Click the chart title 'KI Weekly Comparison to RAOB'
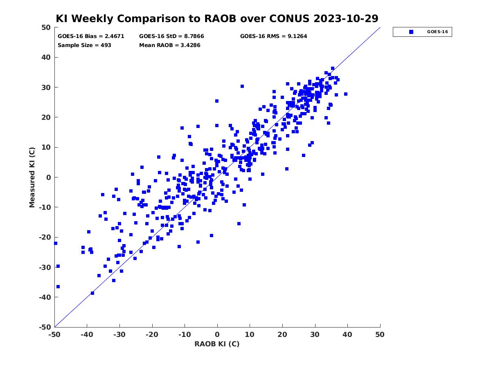(146, 18)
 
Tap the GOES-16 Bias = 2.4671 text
(91, 36)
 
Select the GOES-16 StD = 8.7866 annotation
(171, 36)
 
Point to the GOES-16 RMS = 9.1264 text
(274, 36)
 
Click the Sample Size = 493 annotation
(84, 45)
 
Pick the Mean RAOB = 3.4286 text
(169, 45)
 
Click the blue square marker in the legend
(411, 32)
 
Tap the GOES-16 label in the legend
(437, 32)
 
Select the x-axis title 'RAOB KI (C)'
(217, 344)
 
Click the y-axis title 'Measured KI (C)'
(32, 177)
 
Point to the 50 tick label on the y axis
(46, 27)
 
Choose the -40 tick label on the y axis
(45, 297)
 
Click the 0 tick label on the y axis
(49, 177)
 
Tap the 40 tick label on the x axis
(347, 334)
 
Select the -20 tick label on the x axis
(152, 334)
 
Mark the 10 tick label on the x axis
(250, 334)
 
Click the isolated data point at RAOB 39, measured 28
(346, 94)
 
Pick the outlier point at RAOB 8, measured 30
(242, 86)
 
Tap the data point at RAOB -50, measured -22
(56, 243)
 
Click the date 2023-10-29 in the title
(346, 18)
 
